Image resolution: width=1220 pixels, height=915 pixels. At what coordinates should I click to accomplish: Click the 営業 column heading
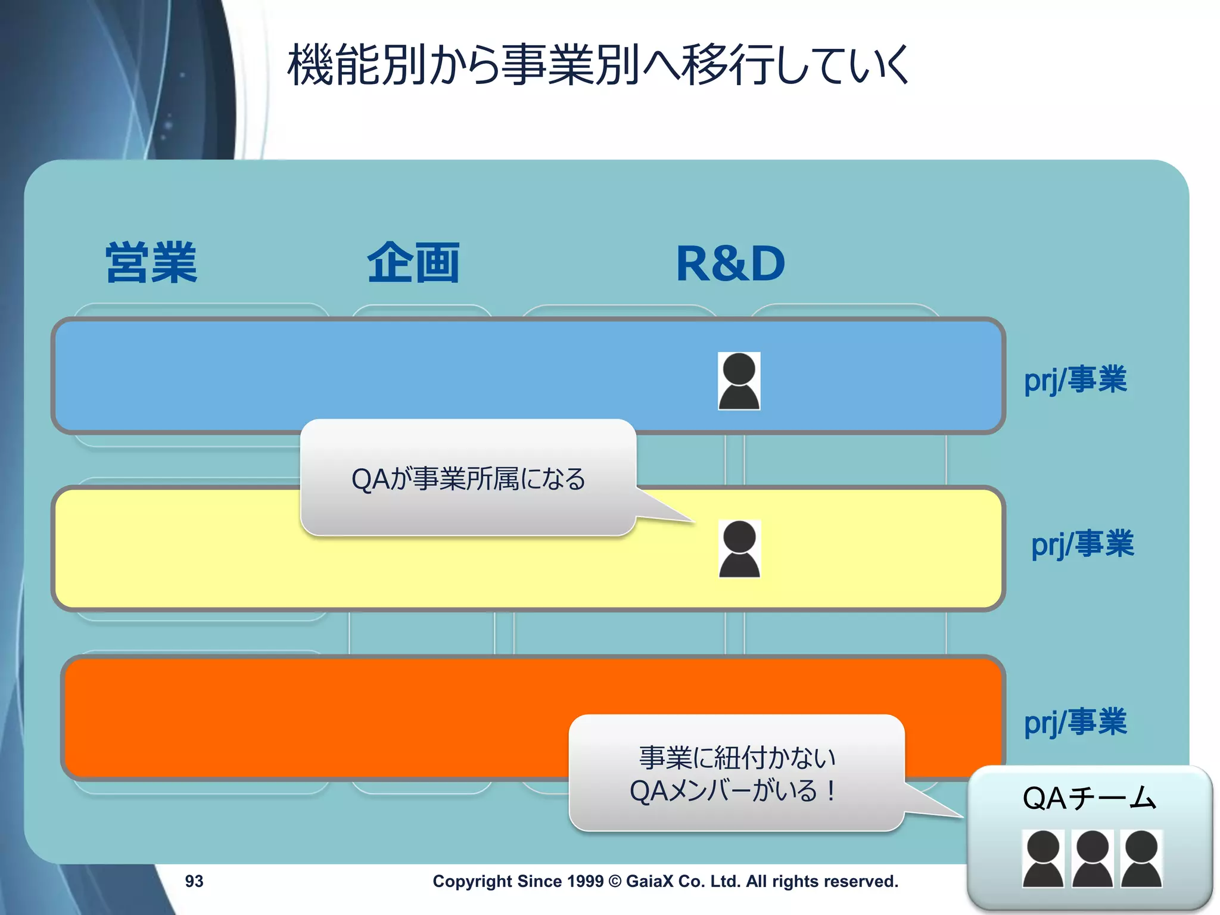[x=151, y=263]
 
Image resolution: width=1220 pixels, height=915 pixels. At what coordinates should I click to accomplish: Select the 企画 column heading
[x=413, y=263]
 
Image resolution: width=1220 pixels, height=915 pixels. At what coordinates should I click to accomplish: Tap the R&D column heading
[x=730, y=264]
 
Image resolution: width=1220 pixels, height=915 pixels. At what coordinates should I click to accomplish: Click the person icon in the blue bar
[x=739, y=381]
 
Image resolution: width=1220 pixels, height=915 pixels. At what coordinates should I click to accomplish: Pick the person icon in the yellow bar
[x=739, y=549]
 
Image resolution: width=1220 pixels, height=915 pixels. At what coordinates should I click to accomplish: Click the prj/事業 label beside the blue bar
[x=1075, y=379]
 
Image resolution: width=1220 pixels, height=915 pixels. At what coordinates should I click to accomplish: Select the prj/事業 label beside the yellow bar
[x=1082, y=544]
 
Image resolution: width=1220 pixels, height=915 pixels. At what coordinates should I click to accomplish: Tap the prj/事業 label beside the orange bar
[x=1075, y=722]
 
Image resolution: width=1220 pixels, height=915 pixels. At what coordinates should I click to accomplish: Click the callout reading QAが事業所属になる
[x=468, y=478]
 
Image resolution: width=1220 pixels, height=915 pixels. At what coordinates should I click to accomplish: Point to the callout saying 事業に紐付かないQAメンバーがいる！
[x=736, y=773]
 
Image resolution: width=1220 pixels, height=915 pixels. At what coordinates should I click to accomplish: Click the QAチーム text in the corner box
[x=1089, y=798]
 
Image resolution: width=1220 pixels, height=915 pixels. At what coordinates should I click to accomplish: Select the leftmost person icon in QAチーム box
[x=1042, y=858]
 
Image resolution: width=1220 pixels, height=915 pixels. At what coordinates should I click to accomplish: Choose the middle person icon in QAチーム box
[x=1092, y=858]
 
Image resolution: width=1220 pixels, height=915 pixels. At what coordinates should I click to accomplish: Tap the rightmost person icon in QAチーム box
[x=1141, y=858]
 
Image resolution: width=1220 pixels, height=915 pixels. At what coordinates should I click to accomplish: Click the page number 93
[x=194, y=881]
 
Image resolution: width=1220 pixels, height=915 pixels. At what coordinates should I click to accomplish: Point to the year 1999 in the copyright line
[x=585, y=881]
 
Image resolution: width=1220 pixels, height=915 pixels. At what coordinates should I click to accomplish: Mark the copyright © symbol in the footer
[x=615, y=881]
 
